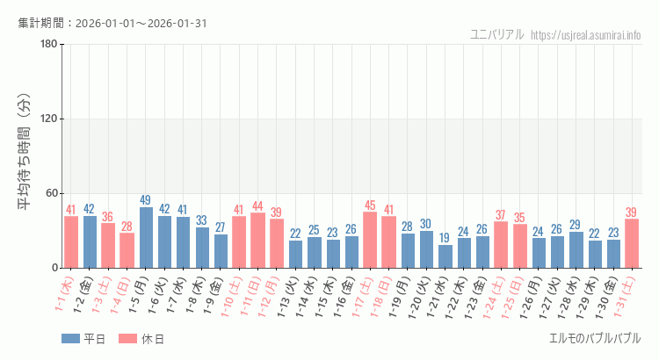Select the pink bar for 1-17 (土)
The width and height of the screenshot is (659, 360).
[x=370, y=240]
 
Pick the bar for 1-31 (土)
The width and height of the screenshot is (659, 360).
[x=631, y=243]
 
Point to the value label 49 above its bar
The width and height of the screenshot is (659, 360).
[x=146, y=200]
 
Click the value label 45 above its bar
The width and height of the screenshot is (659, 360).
[x=370, y=205]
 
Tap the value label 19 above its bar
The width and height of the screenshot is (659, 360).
[x=445, y=238]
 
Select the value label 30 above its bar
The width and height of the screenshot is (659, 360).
[x=426, y=224]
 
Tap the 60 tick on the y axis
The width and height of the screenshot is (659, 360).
[x=50, y=193]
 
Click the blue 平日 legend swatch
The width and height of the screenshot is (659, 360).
[x=71, y=339]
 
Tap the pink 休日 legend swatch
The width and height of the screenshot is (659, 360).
[x=127, y=339]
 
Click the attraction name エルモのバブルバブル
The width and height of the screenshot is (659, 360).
[x=594, y=338]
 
